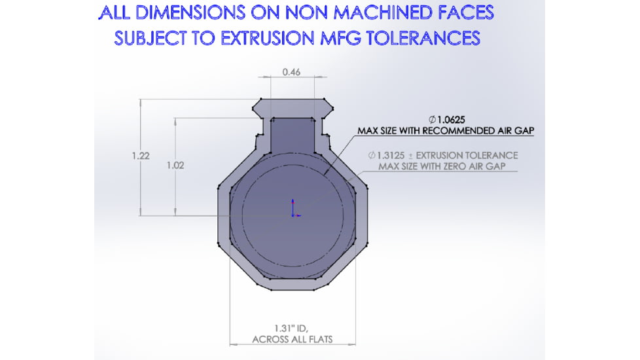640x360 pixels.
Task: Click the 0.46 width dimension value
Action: click(x=291, y=72)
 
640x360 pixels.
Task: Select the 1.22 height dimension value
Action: click(x=141, y=156)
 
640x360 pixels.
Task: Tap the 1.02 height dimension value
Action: click(x=175, y=166)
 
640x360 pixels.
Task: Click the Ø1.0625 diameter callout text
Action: click(x=446, y=120)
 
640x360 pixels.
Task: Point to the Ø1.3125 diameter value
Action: click(x=386, y=156)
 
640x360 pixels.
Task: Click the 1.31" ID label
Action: click(x=291, y=328)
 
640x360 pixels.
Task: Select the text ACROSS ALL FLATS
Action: click(x=293, y=340)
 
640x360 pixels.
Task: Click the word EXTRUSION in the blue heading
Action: click(x=268, y=39)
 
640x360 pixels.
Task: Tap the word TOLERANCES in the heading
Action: click(x=423, y=39)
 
